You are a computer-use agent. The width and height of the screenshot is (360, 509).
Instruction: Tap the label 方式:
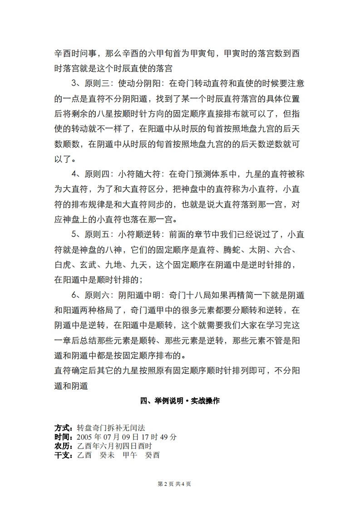point(64,428)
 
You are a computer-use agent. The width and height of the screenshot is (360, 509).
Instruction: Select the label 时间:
point(64,437)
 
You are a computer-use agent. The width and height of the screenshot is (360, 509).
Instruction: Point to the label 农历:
point(64,446)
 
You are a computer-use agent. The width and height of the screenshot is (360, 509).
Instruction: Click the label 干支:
point(64,455)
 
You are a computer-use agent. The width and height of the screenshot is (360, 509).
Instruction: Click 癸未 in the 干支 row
point(107,455)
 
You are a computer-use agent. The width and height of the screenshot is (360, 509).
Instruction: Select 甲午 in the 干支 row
point(130,455)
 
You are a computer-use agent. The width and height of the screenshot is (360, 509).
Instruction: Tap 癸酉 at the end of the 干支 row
point(152,455)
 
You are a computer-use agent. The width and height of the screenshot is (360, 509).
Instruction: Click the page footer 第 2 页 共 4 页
point(174,484)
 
